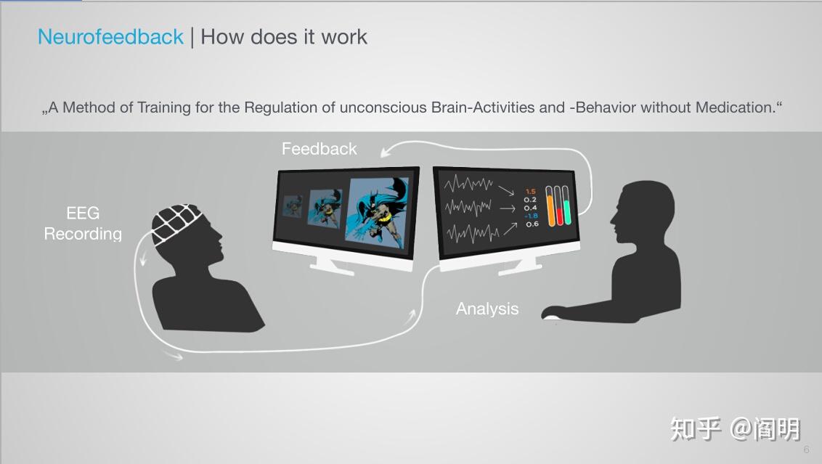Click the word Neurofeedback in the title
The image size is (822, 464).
(x=110, y=37)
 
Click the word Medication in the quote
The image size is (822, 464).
(x=734, y=107)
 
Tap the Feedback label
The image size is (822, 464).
(x=319, y=149)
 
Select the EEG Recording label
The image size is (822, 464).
(x=83, y=224)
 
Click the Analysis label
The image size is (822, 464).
(x=487, y=309)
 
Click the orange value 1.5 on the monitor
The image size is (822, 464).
(x=530, y=192)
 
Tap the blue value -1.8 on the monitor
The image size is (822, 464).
(x=531, y=216)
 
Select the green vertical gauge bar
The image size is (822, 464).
(x=567, y=205)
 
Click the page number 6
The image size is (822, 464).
(x=806, y=449)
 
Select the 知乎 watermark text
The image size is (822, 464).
(x=695, y=428)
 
